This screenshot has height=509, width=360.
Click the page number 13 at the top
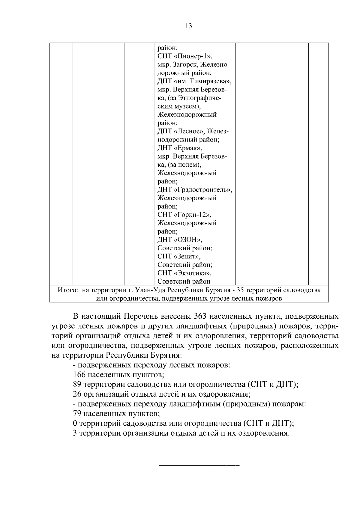click(189, 26)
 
